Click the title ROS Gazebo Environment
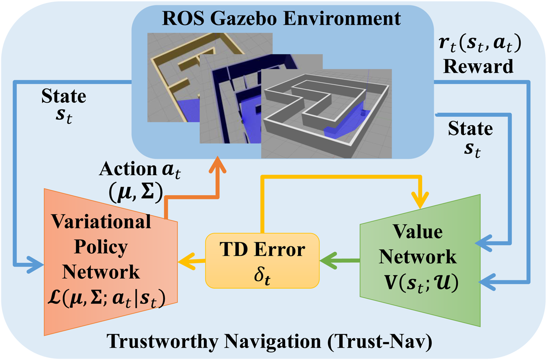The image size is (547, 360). point(282,19)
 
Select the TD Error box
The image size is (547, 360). point(262,259)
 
